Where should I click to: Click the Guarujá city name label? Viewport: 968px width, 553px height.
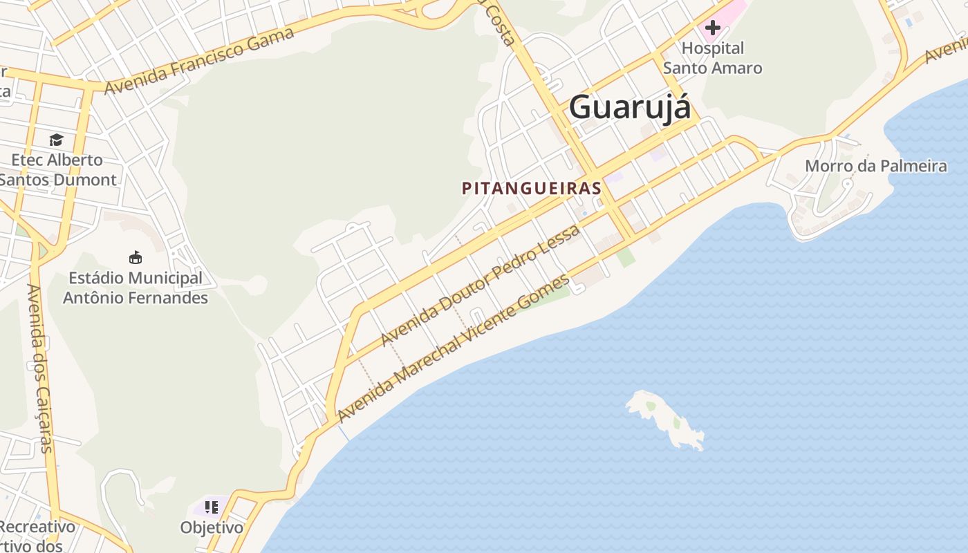click(x=629, y=108)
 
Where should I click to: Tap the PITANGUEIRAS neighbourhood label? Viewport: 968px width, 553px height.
click(x=531, y=188)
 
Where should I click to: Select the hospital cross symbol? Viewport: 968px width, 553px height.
click(x=712, y=28)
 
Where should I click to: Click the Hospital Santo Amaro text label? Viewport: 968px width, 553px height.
click(x=713, y=58)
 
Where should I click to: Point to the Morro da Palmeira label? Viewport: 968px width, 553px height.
click(x=875, y=166)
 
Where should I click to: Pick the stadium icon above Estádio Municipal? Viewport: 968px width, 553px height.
click(x=136, y=257)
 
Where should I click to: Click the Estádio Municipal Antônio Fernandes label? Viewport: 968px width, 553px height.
click(x=136, y=288)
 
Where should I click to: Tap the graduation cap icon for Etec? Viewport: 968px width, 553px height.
click(x=56, y=140)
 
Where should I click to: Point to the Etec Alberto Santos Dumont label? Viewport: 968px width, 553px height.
click(x=57, y=170)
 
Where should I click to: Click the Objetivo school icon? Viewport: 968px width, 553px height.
click(x=212, y=507)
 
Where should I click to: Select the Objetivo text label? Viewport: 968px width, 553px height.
click(x=212, y=527)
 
